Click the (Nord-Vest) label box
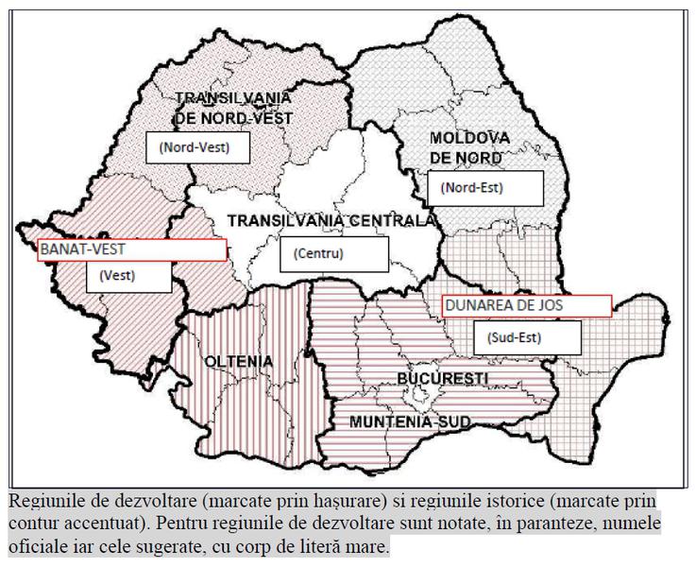[x=195, y=147]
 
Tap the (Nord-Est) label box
[x=484, y=188]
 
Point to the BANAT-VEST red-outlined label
[x=130, y=249]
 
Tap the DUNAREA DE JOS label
[x=527, y=304]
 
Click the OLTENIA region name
[x=238, y=362]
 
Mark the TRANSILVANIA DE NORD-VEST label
[x=233, y=108]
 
